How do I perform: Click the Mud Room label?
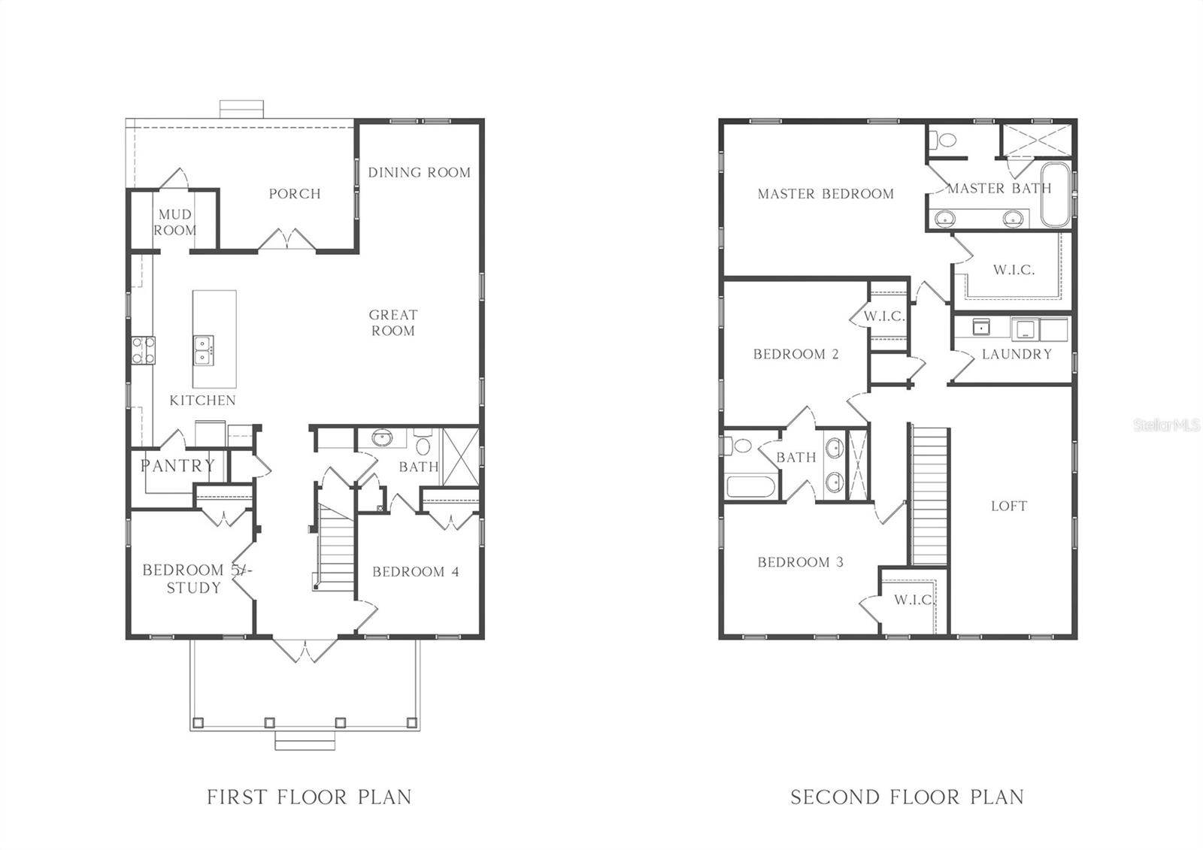pyautogui.click(x=174, y=222)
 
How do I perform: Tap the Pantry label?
pyautogui.click(x=177, y=466)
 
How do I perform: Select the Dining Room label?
pyautogui.click(x=419, y=172)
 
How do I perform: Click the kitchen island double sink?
pyautogui.click(x=203, y=350)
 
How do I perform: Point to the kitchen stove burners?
pyautogui.click(x=144, y=350)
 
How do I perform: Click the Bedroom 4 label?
pyautogui.click(x=415, y=572)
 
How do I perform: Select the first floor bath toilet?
pyautogui.click(x=423, y=444)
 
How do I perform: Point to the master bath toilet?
pyautogui.click(x=943, y=140)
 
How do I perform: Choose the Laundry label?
pyautogui.click(x=1017, y=354)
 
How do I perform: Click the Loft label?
pyautogui.click(x=1008, y=506)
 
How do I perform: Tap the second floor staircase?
pyautogui.click(x=929, y=496)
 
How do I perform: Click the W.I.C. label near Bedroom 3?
pyautogui.click(x=913, y=600)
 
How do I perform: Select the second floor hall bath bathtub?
pyautogui.click(x=750, y=485)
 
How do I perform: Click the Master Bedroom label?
pyautogui.click(x=826, y=194)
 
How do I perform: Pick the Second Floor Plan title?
pyautogui.click(x=907, y=797)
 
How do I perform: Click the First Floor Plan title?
pyautogui.click(x=309, y=797)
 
